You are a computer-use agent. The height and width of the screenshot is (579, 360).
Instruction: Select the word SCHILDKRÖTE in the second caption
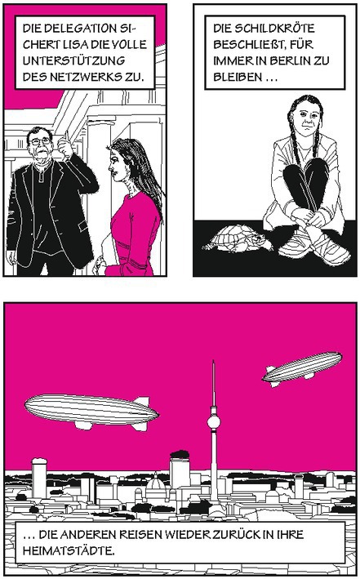[x=274, y=28]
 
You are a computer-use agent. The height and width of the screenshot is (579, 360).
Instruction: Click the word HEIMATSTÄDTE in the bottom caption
[x=69, y=551]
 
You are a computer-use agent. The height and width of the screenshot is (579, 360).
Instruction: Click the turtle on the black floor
[x=238, y=239]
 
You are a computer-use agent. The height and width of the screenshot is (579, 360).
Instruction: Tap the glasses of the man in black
[x=40, y=141]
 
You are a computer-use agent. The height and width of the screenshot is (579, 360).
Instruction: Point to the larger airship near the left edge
[x=91, y=411]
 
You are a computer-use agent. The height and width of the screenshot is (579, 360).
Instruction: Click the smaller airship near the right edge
[x=303, y=367]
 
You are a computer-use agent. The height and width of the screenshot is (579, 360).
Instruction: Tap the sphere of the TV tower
[x=213, y=421]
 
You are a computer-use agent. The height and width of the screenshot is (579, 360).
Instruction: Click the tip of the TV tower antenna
[x=213, y=361]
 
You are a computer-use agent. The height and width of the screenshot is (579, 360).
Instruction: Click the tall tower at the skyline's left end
[x=39, y=478]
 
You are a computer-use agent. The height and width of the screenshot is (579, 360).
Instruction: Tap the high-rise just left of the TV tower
[x=180, y=470]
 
